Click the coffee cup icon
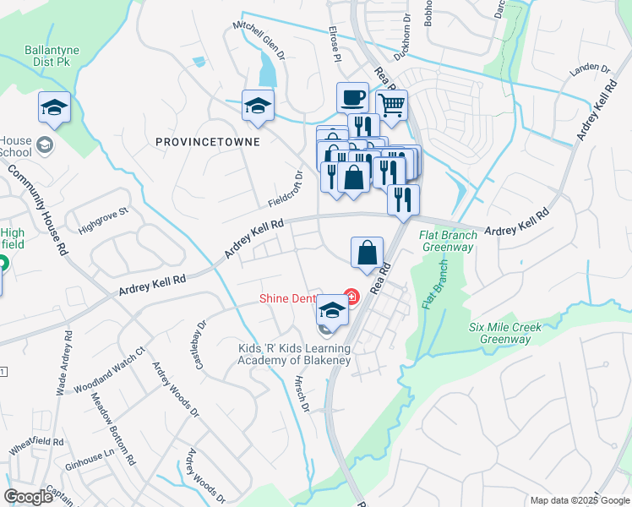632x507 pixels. pos(352,97)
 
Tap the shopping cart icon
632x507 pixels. pos(391,105)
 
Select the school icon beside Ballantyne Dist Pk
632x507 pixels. pos(54,106)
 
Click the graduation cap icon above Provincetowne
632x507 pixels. pos(258,105)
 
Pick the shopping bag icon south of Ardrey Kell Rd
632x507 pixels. pos(368,252)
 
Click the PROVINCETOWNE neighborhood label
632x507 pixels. pos(208,143)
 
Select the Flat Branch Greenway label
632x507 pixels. pos(448,241)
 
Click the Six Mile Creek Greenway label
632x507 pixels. pos(506,333)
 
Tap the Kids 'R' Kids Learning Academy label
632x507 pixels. pos(293,352)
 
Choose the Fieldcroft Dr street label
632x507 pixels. pos(286,190)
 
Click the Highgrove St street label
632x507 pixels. pos(101,221)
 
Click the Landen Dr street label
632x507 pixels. pos(590,69)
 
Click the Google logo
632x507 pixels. pos(29,497)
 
